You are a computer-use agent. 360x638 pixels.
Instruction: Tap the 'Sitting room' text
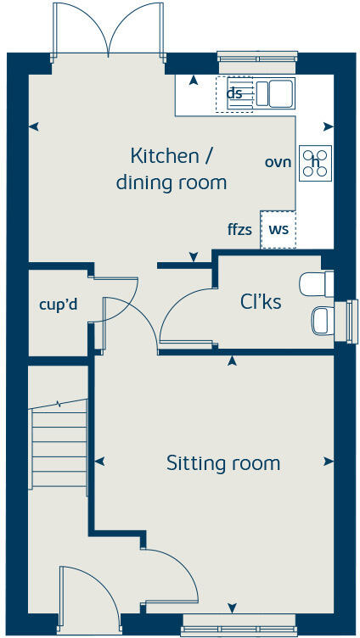[222, 463]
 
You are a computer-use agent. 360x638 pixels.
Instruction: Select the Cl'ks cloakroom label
[261, 301]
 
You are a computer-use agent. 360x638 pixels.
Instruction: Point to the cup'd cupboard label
[59, 305]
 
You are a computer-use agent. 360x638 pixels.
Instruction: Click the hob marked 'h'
[315, 162]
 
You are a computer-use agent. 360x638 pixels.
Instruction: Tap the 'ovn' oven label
[278, 162]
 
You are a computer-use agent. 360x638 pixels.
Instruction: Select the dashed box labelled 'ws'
[278, 229]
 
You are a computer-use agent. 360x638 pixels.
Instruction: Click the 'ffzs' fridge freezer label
[239, 229]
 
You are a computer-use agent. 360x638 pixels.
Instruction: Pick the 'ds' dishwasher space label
[234, 93]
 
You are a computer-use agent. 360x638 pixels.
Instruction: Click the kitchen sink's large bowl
[280, 92]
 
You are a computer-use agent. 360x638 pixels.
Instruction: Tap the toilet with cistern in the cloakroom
[318, 283]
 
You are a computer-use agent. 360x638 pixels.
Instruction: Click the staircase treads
[59, 445]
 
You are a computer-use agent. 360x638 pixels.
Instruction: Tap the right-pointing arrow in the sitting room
[328, 462]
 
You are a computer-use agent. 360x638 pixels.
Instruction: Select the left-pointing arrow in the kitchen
[34, 126]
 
